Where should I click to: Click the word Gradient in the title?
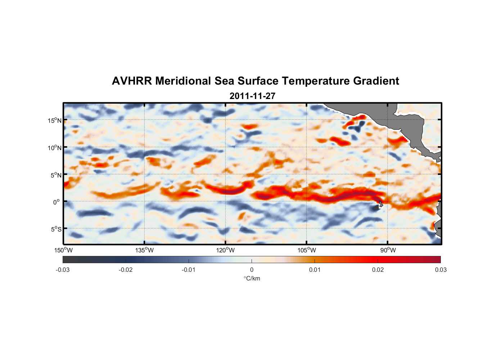point(376,81)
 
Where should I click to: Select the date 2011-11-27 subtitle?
point(252,96)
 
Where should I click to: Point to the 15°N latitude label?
point(55,120)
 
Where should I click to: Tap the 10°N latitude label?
point(55,148)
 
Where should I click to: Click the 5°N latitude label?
point(56,175)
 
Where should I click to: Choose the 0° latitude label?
point(57,202)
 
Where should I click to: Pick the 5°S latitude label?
point(56,229)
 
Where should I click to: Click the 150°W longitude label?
point(64,250)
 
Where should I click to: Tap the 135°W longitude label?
point(145,250)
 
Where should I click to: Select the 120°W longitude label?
point(226,250)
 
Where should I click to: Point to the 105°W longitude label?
point(307,250)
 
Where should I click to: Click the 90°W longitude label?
point(388,250)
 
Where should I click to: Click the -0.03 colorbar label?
point(63,270)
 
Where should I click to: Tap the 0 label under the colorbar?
point(252,270)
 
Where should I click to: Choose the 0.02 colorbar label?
point(378,270)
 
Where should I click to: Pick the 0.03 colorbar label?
point(440,270)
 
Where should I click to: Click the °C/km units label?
point(252,278)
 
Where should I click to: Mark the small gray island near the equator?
point(380,204)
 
